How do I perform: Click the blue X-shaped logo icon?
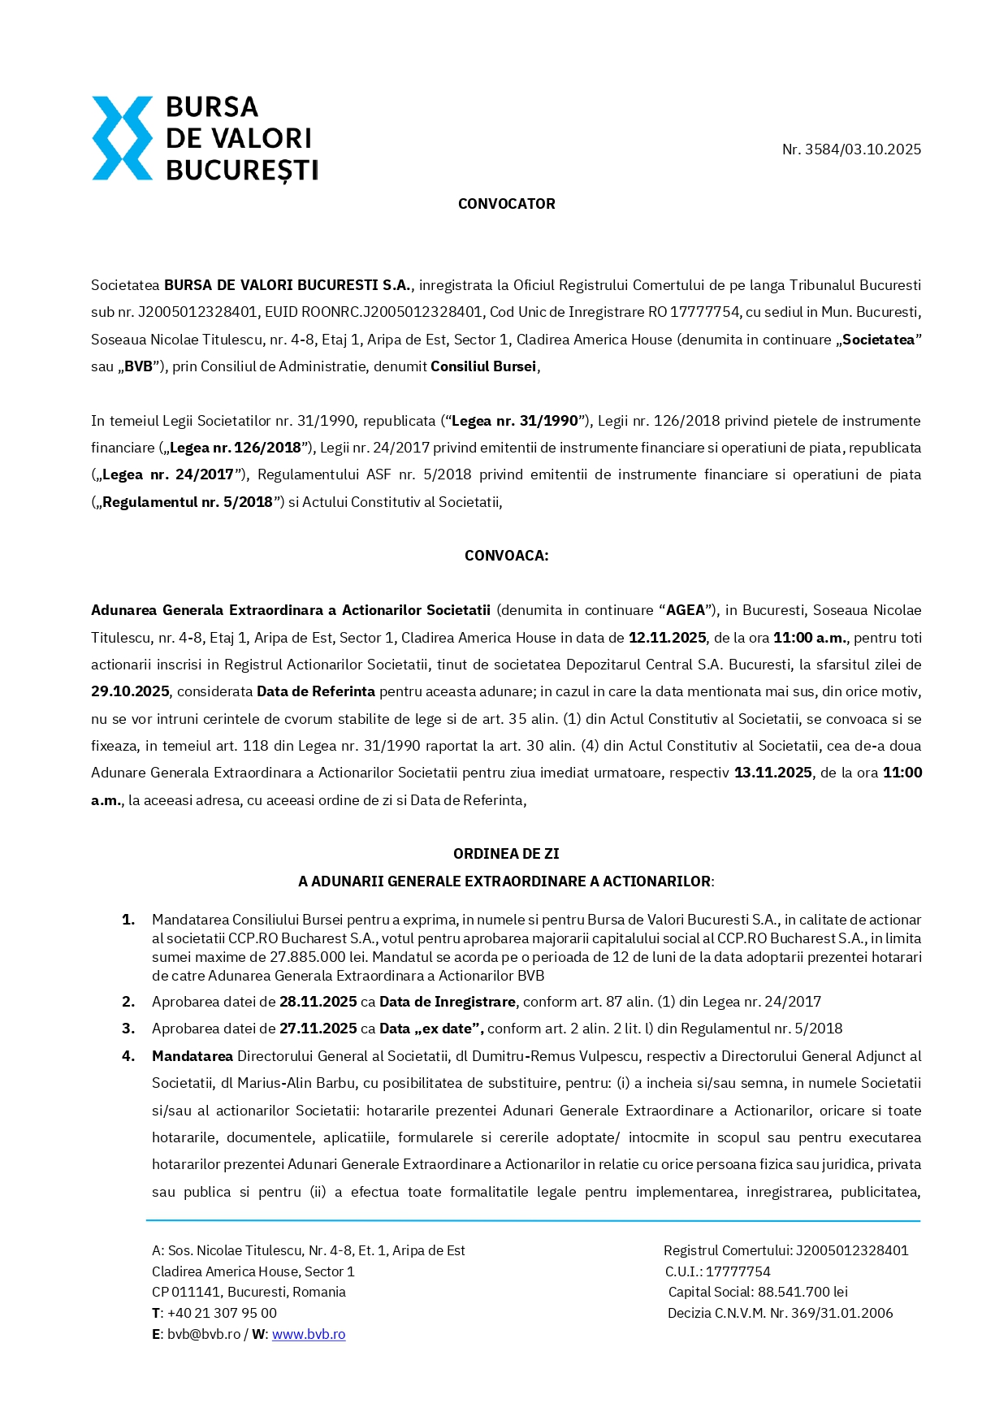click(122, 138)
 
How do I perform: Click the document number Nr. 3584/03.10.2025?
click(851, 149)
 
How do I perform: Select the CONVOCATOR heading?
click(506, 204)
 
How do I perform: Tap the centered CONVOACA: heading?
click(506, 556)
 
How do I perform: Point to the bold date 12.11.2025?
click(667, 638)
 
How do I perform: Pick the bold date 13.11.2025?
click(772, 773)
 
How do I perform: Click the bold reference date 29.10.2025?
click(130, 691)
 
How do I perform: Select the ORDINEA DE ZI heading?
click(506, 854)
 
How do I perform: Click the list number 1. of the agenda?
click(128, 920)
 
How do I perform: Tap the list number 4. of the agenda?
click(128, 1056)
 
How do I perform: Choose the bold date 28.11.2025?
click(318, 1002)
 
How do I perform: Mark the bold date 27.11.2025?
click(318, 1029)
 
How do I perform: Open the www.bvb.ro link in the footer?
click(309, 1334)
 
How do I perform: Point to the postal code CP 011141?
click(186, 1292)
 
